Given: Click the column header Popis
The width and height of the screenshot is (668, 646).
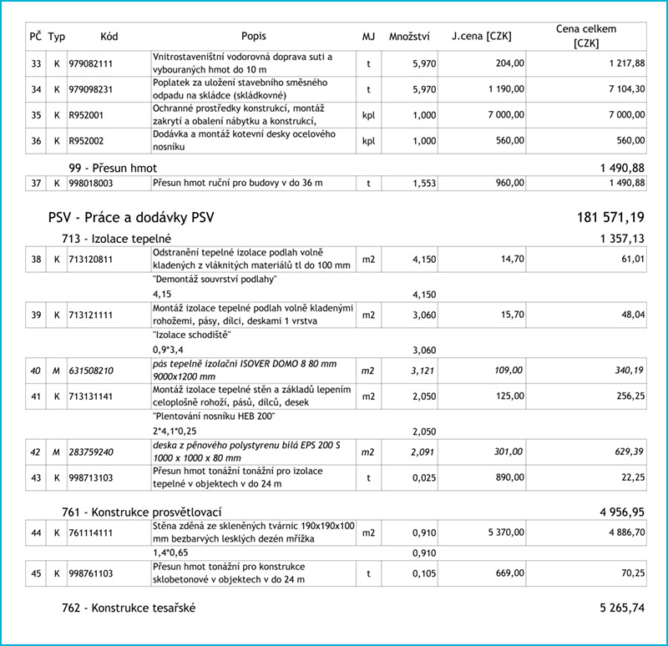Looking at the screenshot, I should [254, 37].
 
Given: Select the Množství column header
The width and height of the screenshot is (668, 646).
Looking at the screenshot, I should [409, 37].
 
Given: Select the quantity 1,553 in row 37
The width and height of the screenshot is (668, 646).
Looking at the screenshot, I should [423, 183].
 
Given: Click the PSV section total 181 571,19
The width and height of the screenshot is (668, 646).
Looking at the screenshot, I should [610, 219].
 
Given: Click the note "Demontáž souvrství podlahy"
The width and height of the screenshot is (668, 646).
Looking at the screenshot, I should [215, 280].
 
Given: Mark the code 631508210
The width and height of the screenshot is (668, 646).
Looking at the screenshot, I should [90, 370].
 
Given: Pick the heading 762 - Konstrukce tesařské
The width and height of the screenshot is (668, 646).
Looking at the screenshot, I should [129, 608].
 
